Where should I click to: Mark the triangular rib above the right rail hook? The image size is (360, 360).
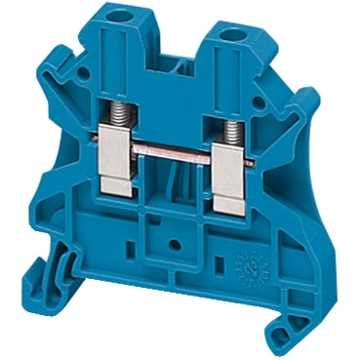point(293,263)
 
